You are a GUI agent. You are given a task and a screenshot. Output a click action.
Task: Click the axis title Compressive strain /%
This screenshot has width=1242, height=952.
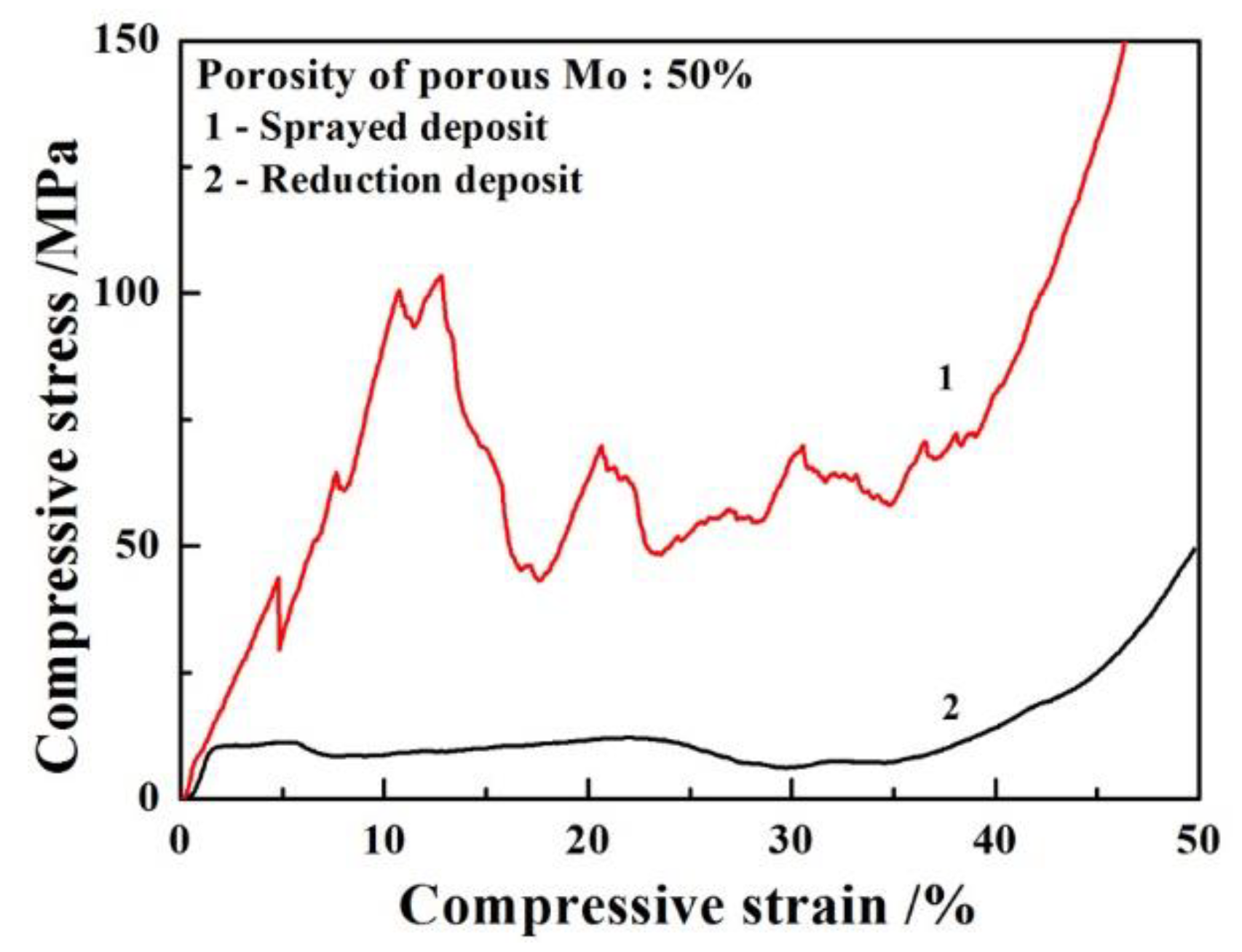click(686, 906)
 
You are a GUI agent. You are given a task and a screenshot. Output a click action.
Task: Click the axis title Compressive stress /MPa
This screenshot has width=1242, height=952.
click(57, 455)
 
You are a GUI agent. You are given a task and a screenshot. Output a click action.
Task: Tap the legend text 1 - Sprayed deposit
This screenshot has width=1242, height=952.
click(376, 127)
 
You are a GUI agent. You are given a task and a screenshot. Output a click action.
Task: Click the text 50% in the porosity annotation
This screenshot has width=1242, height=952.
click(709, 75)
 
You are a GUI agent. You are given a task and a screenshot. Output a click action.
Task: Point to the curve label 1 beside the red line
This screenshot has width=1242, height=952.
click(945, 378)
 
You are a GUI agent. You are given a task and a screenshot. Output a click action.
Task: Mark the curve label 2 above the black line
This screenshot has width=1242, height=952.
click(949, 707)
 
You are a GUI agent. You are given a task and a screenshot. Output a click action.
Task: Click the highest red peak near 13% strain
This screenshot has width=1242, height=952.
click(440, 275)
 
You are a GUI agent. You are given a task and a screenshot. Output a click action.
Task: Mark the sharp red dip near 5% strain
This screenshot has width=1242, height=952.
click(280, 648)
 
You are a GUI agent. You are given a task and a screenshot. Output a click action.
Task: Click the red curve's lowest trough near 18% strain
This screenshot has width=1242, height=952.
click(539, 580)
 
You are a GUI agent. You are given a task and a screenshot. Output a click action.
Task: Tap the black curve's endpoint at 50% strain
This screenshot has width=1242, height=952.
click(1195, 547)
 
